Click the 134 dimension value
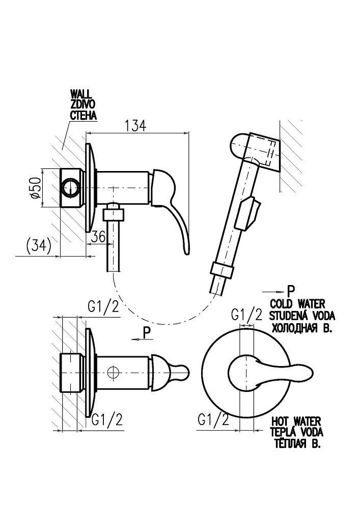pyautogui.click(x=135, y=125)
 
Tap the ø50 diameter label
pyautogui.click(x=35, y=188)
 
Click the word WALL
pyautogui.click(x=80, y=95)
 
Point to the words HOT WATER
pyautogui.click(x=296, y=421)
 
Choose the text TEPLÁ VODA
pyautogui.click(x=298, y=432)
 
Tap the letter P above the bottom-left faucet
pyautogui.click(x=147, y=333)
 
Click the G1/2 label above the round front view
pyautogui.click(x=246, y=315)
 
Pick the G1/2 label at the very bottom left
pyautogui.click(x=107, y=420)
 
